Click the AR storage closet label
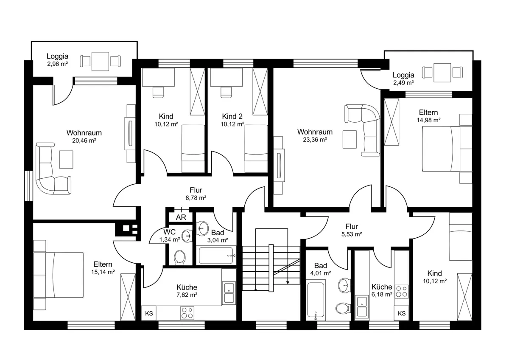pos(181,217)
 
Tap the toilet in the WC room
pos(180,258)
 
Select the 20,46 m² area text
pos(84,141)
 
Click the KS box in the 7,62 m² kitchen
pos(149,313)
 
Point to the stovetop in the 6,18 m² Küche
pos(401,292)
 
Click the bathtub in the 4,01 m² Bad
pos(316,301)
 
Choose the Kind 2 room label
pos(232,116)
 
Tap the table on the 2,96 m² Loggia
pos(100,62)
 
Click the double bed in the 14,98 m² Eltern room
pos(447,149)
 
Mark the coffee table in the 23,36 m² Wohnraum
pos(350,139)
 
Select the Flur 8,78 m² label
pos(196,194)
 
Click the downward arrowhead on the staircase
pos(288,283)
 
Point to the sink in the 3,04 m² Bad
pos(203,228)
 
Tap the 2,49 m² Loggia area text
pos(403,83)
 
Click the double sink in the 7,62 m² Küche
pos(229,293)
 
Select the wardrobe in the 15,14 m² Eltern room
pos(128,297)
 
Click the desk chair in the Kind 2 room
pos(226,92)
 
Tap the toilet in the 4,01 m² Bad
pos(343,308)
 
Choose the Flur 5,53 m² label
pos(352,230)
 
